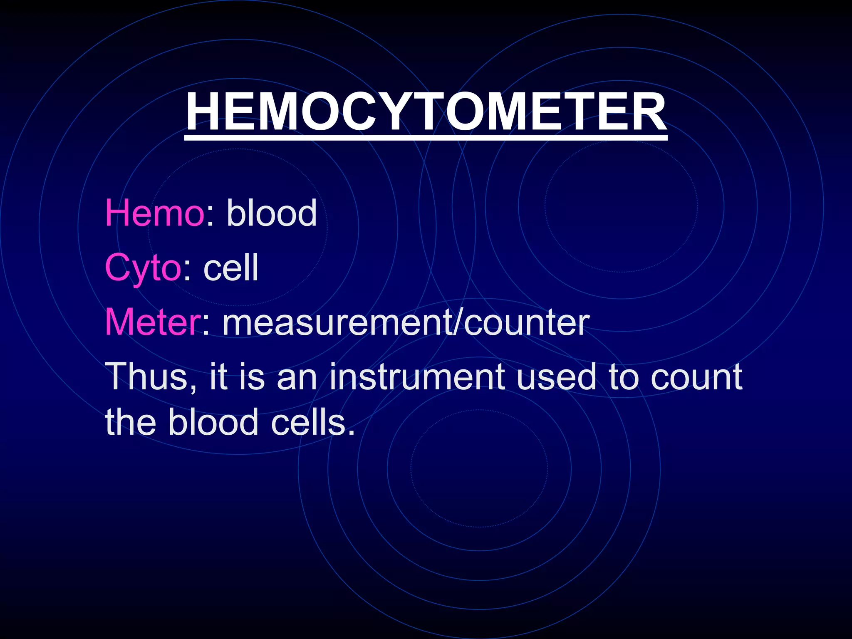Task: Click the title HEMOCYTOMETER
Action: (x=426, y=111)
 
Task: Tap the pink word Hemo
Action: (x=154, y=213)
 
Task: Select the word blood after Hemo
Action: (x=272, y=213)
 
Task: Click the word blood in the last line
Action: (x=213, y=422)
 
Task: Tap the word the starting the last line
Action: (x=131, y=422)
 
